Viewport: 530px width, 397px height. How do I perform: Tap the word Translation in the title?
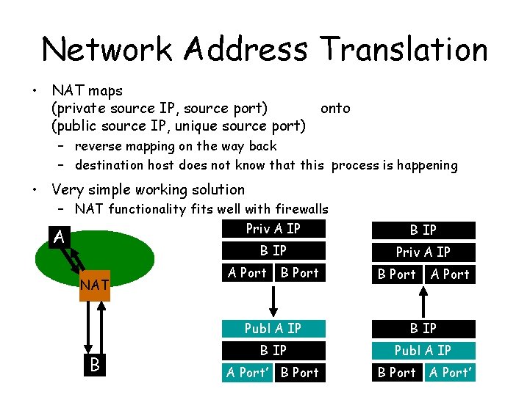[x=404, y=49]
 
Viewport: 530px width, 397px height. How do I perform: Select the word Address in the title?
[x=248, y=49]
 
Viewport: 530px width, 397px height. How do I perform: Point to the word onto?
[x=335, y=109]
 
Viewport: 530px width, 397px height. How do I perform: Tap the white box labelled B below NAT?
[x=94, y=364]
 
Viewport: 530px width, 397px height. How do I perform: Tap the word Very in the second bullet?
[x=67, y=189]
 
